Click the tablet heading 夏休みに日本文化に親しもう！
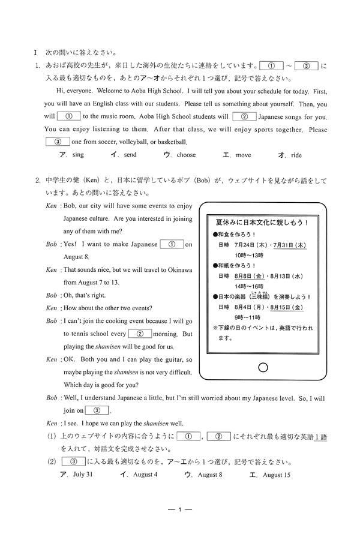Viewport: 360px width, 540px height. (262, 221)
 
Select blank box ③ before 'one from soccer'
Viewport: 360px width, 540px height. (58, 142)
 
